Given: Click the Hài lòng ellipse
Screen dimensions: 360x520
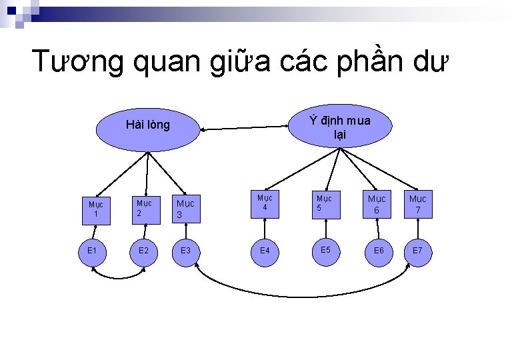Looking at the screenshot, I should pyautogui.click(x=147, y=125).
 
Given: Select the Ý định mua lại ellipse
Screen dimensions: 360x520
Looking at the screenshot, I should pyautogui.click(x=339, y=127).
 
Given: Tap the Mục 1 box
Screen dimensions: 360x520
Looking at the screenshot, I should pyautogui.click(x=96, y=210).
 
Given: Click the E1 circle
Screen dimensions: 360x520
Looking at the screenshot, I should pyautogui.click(x=93, y=251).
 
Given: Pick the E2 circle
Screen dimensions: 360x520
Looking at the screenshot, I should pyautogui.click(x=143, y=251).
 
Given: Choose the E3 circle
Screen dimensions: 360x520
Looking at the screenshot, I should pyautogui.click(x=186, y=251).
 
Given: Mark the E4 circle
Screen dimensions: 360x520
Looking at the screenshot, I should pyautogui.click(x=265, y=251).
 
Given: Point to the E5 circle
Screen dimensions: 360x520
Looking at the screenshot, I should pyautogui.click(x=325, y=250).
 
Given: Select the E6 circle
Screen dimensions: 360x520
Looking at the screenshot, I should pyautogui.click(x=378, y=251).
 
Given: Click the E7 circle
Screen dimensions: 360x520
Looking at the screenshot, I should pyautogui.click(x=417, y=251).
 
